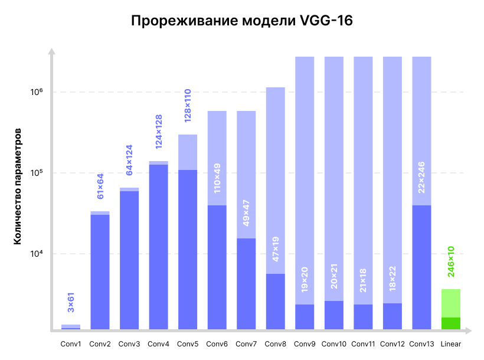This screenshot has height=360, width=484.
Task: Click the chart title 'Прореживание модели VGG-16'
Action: [x=241, y=22]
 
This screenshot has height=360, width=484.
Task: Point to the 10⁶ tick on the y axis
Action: [x=37, y=91]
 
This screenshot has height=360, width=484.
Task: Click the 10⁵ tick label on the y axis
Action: [x=37, y=173]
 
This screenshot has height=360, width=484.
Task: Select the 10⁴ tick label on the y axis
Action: [x=37, y=254]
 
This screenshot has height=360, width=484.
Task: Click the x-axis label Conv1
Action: [x=71, y=343]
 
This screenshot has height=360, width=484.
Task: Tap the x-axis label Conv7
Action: [x=246, y=343]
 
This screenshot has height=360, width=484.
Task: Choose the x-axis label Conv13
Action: [x=421, y=343]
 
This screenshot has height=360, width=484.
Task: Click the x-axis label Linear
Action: [x=450, y=343]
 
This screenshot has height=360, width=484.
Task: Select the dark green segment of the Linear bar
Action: [x=451, y=323]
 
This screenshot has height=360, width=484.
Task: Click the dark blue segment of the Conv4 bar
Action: [x=159, y=247]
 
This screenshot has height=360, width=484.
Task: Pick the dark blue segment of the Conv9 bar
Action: [x=305, y=317]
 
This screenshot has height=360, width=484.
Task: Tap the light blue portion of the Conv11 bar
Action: [x=363, y=177]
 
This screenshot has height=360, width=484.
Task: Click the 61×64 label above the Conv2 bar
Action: [x=100, y=186]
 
